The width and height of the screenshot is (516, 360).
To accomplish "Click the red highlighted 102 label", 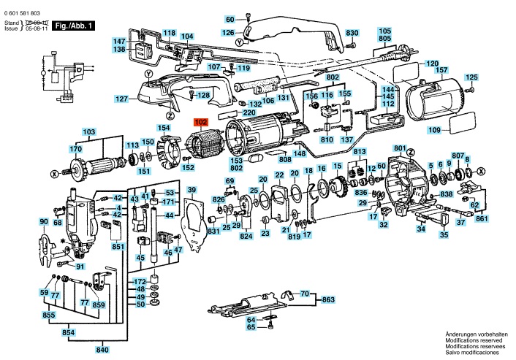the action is (x=201, y=122).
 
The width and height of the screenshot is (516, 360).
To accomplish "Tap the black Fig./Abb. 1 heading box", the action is (x=74, y=26).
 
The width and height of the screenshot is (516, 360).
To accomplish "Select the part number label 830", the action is (x=352, y=33).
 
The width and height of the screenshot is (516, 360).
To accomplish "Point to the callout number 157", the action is (x=441, y=70).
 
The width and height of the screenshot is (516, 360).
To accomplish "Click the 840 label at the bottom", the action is (x=102, y=350).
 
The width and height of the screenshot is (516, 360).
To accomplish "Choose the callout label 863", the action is (x=328, y=299).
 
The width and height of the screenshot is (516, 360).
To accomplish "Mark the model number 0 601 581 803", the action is (x=23, y=13).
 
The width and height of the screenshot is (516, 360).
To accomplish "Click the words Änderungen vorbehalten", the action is (x=472, y=334).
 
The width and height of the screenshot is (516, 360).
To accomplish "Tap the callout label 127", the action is (x=121, y=99).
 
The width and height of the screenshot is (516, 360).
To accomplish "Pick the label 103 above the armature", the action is (x=89, y=132).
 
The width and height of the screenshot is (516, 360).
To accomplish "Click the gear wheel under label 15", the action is (x=338, y=188).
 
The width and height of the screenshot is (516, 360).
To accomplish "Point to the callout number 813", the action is (x=360, y=152).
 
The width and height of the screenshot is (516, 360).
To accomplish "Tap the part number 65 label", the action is (x=251, y=327).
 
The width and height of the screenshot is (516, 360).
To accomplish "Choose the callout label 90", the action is (x=44, y=221).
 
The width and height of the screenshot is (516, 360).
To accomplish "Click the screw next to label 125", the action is (x=471, y=89).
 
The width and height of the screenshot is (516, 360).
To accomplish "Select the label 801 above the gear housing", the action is (x=400, y=148).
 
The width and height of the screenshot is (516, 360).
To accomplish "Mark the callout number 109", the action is (x=434, y=130).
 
